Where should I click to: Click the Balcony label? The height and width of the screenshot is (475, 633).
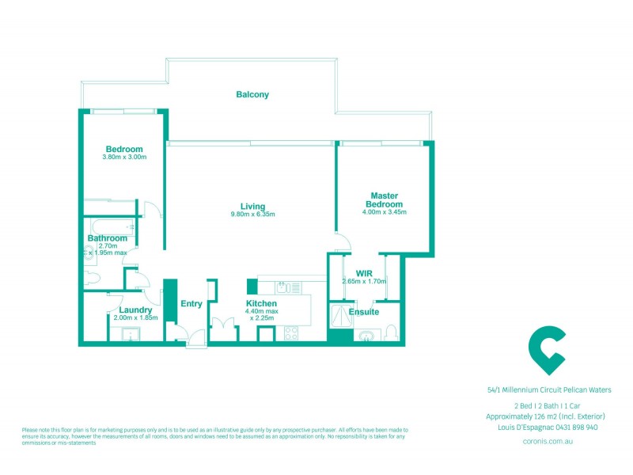coord(252,95)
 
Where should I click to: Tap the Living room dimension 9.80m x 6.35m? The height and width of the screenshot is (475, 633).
coord(252,215)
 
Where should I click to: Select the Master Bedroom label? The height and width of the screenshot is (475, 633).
coord(384,200)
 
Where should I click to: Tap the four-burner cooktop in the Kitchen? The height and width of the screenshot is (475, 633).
coord(290,333)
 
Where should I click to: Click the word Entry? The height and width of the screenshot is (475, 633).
coord(191,303)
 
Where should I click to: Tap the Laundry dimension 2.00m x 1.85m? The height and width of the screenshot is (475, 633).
coord(136,317)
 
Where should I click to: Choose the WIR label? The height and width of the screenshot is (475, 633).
coord(363,274)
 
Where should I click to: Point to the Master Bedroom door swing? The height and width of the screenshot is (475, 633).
coord(342,245)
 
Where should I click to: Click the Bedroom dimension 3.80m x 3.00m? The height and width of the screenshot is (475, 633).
coord(124,157)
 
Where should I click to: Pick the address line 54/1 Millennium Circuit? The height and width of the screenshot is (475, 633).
coord(548,389)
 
